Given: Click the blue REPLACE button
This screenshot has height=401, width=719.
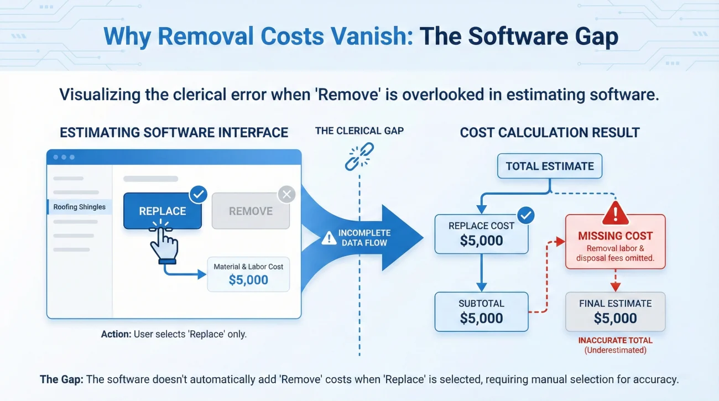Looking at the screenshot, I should [162, 211].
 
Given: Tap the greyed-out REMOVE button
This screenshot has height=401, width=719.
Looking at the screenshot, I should [251, 211].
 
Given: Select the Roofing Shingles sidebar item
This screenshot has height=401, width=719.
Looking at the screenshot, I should [79, 207].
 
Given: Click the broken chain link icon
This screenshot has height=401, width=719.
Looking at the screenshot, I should [359, 156].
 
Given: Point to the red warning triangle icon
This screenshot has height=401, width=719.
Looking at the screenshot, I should [615, 212].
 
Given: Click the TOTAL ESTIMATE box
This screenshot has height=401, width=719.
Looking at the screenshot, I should [550, 166].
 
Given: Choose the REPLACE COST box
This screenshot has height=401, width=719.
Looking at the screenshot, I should [481, 234].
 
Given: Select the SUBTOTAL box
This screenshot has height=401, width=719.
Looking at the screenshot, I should [481, 311].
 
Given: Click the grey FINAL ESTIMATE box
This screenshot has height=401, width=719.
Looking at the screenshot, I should [615, 311].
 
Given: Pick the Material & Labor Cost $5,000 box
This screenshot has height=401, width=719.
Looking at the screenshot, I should [248, 274].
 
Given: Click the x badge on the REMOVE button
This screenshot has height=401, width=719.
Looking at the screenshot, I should [286, 194].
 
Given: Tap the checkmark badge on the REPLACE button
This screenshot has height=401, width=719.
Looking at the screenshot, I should [198, 194].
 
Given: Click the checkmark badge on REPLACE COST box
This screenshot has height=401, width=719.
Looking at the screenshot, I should [526, 215].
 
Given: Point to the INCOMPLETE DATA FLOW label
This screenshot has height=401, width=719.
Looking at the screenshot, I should [364, 238].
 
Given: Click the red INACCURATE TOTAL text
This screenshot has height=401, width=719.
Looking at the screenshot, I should [615, 341].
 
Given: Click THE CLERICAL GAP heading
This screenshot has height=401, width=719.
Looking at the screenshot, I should [360, 131].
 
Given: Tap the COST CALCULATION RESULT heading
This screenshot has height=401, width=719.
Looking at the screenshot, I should [550, 133].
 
